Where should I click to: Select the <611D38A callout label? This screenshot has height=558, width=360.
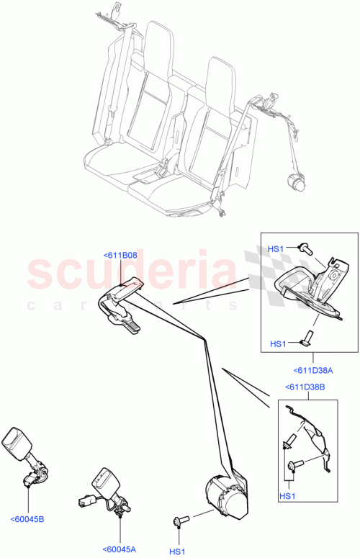pyautogui.click(x=312, y=371)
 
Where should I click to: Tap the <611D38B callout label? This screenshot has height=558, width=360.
pyautogui.click(x=304, y=388)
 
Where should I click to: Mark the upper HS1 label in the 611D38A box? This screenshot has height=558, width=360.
pyautogui.click(x=276, y=248)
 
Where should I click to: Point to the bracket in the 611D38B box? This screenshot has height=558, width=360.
pyautogui.click(x=310, y=439)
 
